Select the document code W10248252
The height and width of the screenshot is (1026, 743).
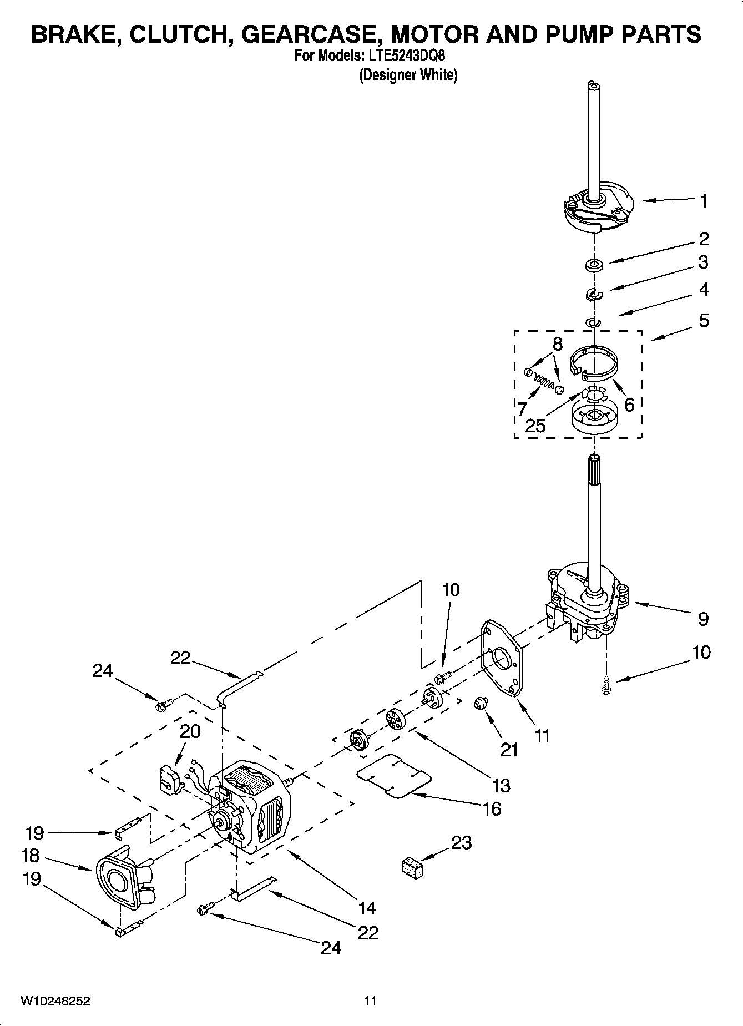[55, 1001]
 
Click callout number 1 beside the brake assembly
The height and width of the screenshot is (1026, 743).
[703, 201]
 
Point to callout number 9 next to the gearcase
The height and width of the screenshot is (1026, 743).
[703, 619]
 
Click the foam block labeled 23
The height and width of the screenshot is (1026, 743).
[411, 867]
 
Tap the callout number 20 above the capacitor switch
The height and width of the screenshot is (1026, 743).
[190, 731]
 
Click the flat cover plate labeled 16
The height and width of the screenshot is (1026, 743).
[393, 775]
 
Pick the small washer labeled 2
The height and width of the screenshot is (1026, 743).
[595, 264]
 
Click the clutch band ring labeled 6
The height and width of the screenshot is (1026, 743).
[595, 363]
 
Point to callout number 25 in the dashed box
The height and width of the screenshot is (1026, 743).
[535, 426]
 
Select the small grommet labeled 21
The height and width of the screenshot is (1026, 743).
[479, 705]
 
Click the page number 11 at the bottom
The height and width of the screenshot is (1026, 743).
[370, 1001]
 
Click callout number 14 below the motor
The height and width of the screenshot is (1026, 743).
[367, 908]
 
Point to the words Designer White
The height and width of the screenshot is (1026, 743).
[408, 75]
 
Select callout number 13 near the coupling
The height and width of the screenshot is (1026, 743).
[501, 785]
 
